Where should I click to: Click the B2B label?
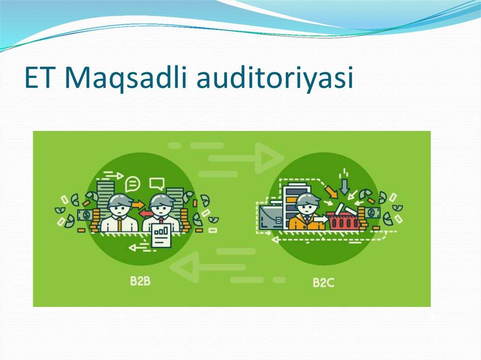[140, 282]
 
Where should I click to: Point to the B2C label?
[324, 283]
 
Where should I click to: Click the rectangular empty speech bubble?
[156, 182]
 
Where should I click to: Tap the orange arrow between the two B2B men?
[139, 204]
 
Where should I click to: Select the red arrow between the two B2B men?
[146, 214]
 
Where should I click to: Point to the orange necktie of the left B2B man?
[120, 223]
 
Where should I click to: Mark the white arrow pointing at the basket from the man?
[321, 218]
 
